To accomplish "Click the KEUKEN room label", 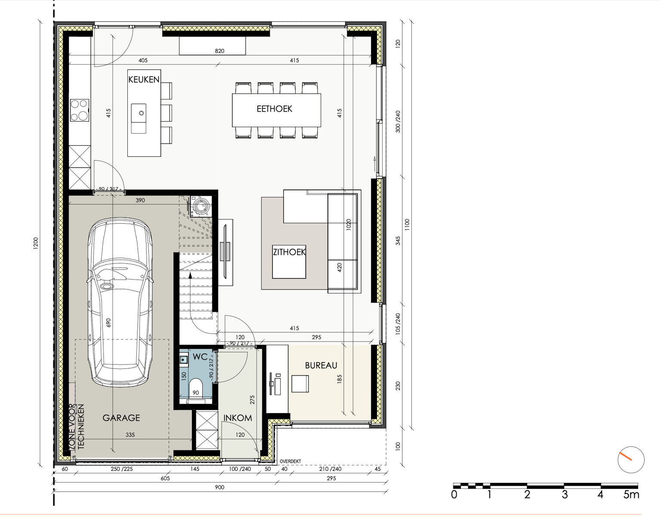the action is coord(144,79).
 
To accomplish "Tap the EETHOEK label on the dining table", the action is coord(275,109).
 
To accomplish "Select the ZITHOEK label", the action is coord(289,252).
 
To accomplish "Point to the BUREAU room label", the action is coord(321,365).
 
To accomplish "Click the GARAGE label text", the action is coord(121,418).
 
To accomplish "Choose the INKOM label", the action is coord(238,418).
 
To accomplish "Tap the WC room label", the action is coord(200,357).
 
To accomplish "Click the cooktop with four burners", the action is coord(80,110).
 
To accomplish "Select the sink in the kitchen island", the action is coord(139,118).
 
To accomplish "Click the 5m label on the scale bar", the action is coord(631,495).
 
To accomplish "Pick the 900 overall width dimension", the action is coord(219,487).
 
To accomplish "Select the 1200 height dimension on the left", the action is coord(36,243).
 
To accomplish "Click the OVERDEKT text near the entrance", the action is coord(290,461).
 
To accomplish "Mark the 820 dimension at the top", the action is coord(219,51).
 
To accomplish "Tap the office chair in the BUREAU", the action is coord(300,383).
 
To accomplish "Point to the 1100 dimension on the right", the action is coord(407,225).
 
